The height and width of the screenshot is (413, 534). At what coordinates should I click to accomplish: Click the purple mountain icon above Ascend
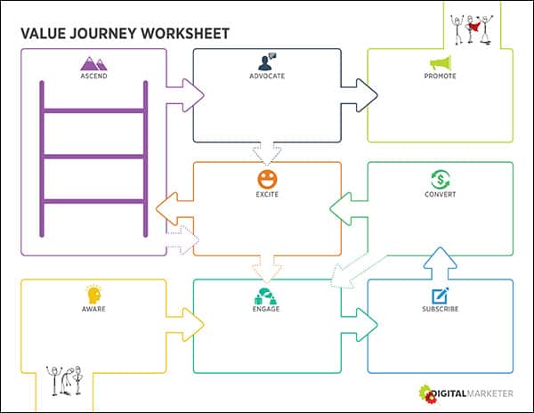click(93, 63)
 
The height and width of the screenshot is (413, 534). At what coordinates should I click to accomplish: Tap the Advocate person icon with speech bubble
click(267, 61)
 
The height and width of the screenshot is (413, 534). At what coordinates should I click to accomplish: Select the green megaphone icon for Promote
click(441, 63)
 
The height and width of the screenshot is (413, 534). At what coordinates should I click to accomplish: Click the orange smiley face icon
click(267, 179)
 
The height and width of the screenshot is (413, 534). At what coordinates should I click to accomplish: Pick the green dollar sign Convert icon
click(440, 179)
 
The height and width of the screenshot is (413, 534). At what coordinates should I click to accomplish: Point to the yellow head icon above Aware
click(94, 295)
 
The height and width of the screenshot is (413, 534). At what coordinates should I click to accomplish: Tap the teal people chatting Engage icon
click(266, 296)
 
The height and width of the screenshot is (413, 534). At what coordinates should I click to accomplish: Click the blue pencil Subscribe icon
click(440, 296)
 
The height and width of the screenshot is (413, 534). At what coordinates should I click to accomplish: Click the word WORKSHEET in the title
click(185, 34)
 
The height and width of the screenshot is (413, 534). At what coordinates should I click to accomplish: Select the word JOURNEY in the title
click(103, 34)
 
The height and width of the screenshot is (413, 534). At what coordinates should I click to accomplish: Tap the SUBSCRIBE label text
click(440, 309)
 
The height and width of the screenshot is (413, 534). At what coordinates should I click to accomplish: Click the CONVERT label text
click(440, 194)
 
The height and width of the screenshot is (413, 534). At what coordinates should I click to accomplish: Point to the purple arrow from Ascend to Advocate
click(185, 95)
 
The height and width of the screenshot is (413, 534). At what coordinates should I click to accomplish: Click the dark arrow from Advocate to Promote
click(359, 95)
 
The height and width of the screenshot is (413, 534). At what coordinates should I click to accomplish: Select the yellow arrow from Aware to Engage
click(185, 325)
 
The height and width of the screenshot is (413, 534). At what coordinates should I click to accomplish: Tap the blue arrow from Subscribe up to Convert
click(440, 263)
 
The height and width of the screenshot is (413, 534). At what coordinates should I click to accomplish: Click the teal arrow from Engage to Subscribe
click(359, 325)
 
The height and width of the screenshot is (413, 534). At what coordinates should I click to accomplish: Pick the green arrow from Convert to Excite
click(349, 209)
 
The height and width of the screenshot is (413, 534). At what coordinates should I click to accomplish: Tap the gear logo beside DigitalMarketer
click(427, 394)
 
